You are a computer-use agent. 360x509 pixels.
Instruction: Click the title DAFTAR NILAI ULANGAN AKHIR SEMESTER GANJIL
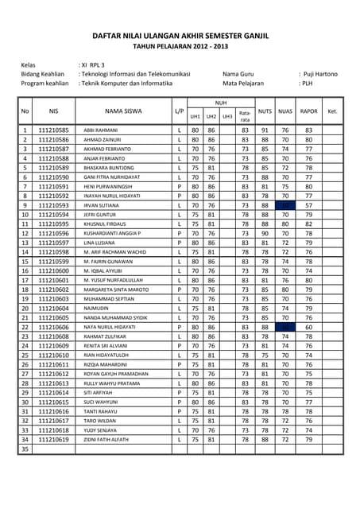179,36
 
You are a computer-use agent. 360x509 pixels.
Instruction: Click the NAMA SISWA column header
123,111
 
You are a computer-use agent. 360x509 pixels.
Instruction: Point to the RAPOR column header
308,111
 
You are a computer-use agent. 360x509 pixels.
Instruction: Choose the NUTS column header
265,111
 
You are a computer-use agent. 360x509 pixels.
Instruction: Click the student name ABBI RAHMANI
101,130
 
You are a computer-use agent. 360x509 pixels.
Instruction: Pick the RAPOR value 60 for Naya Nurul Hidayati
308,327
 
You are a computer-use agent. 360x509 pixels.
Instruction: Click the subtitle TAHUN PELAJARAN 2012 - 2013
179,47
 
